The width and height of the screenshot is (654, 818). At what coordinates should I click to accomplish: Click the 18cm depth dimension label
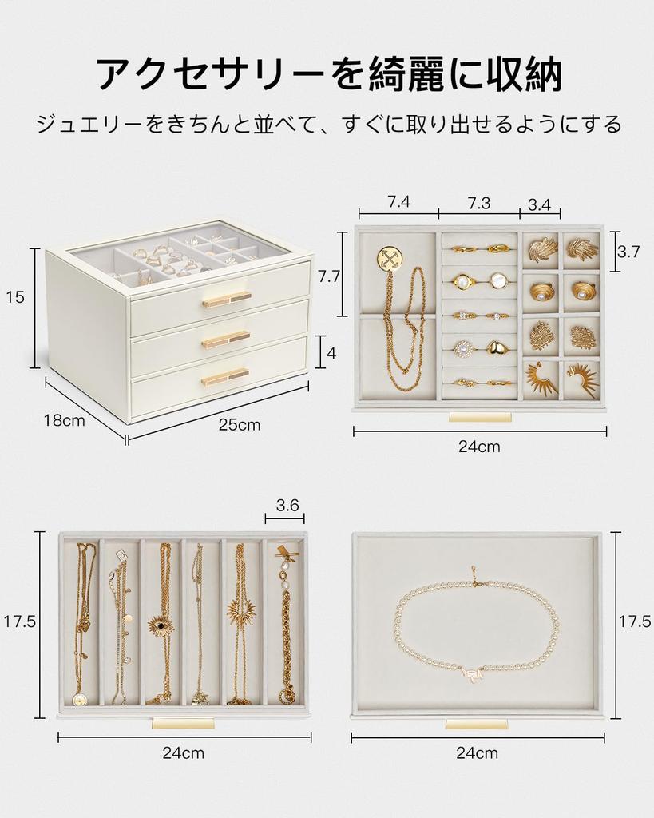tap(64, 421)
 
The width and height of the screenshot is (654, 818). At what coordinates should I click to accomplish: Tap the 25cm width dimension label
tap(240, 425)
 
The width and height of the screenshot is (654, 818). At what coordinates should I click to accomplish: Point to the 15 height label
tap(15, 297)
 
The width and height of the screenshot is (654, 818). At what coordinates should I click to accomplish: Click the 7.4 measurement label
tap(398, 202)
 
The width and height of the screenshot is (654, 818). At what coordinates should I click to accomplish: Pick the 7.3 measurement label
tap(478, 203)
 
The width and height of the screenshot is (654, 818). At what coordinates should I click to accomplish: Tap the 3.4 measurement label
tap(540, 204)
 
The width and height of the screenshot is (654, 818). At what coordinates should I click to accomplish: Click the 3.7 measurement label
tap(628, 252)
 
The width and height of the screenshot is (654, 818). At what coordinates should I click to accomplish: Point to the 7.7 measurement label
tap(330, 276)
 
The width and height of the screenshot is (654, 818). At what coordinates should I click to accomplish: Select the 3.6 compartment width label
tap(287, 505)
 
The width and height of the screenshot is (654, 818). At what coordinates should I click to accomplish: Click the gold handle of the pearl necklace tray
tap(477, 723)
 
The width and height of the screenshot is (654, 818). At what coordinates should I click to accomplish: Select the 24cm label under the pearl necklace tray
tap(478, 753)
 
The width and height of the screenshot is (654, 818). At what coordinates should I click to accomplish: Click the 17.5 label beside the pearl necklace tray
tap(635, 622)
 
